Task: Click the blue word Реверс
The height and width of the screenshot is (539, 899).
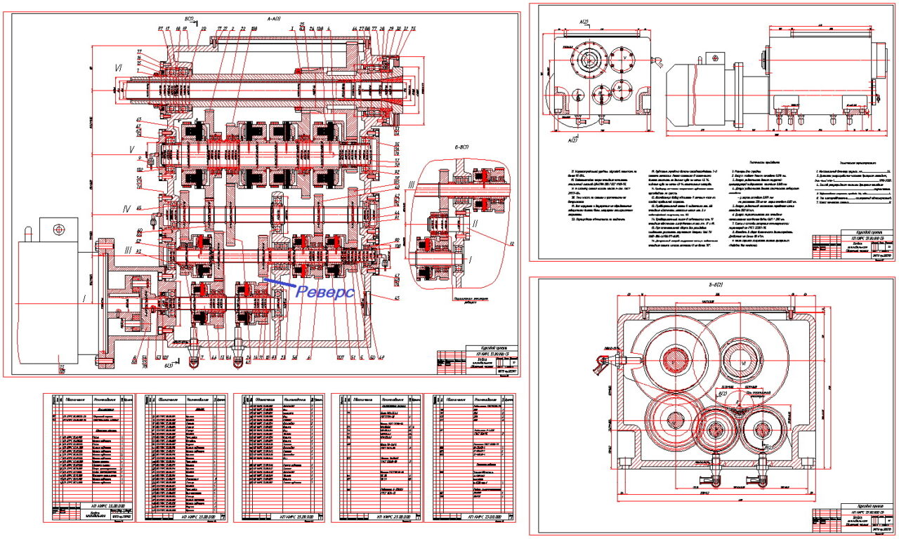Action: tap(324, 293)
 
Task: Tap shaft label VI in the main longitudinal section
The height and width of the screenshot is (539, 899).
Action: tap(119, 67)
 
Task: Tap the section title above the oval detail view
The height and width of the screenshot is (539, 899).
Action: tap(466, 148)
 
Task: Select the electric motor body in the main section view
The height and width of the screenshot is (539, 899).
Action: tap(53, 302)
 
